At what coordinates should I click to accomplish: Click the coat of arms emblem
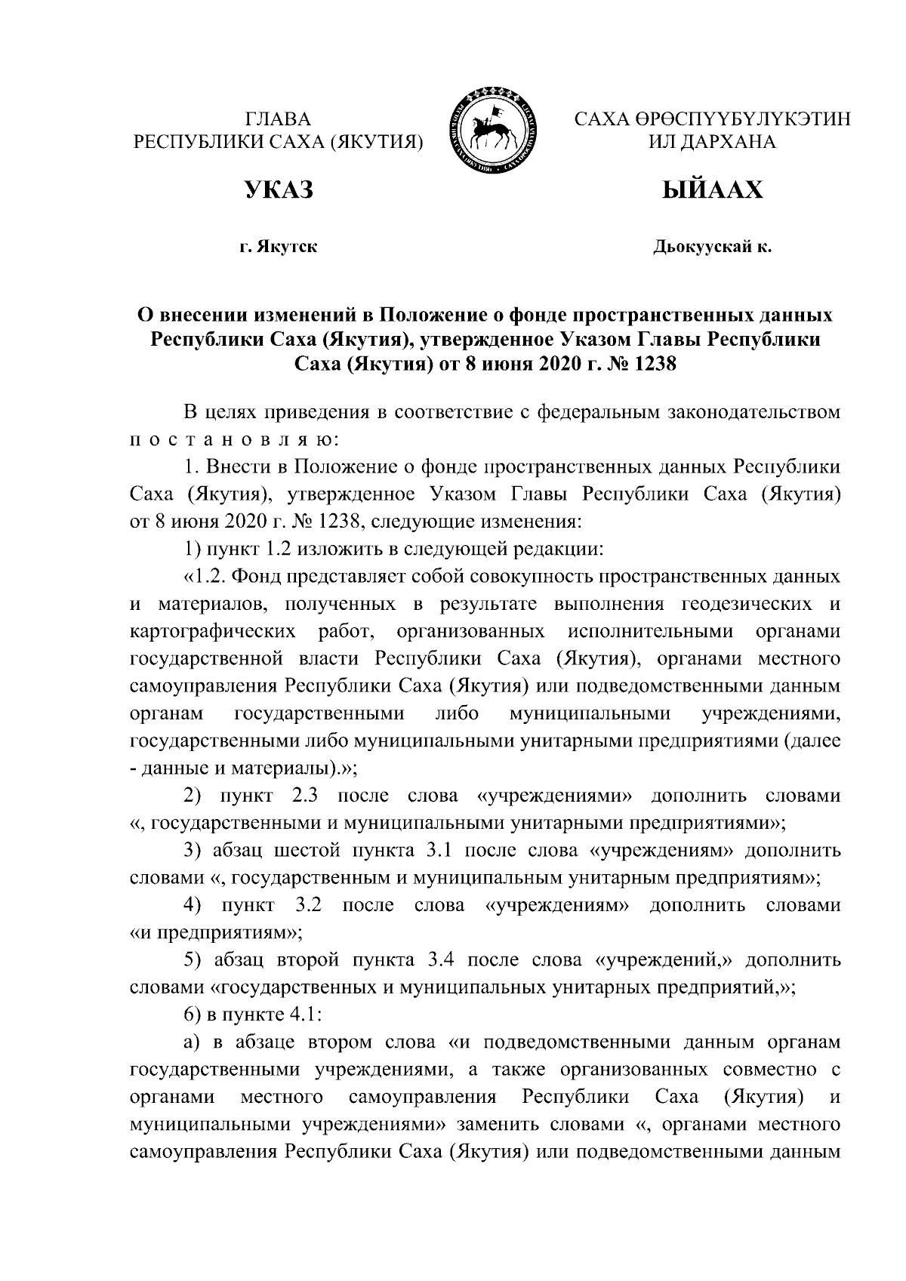pyautogui.click(x=495, y=131)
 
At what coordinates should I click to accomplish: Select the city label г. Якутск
pyautogui.click(x=278, y=247)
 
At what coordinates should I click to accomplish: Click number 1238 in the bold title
pyautogui.click(x=647, y=365)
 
